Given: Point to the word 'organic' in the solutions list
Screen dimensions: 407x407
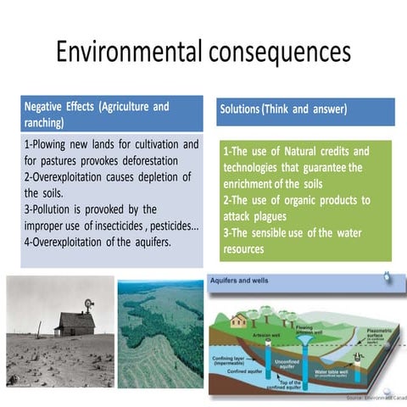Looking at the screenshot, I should click(x=292, y=200).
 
